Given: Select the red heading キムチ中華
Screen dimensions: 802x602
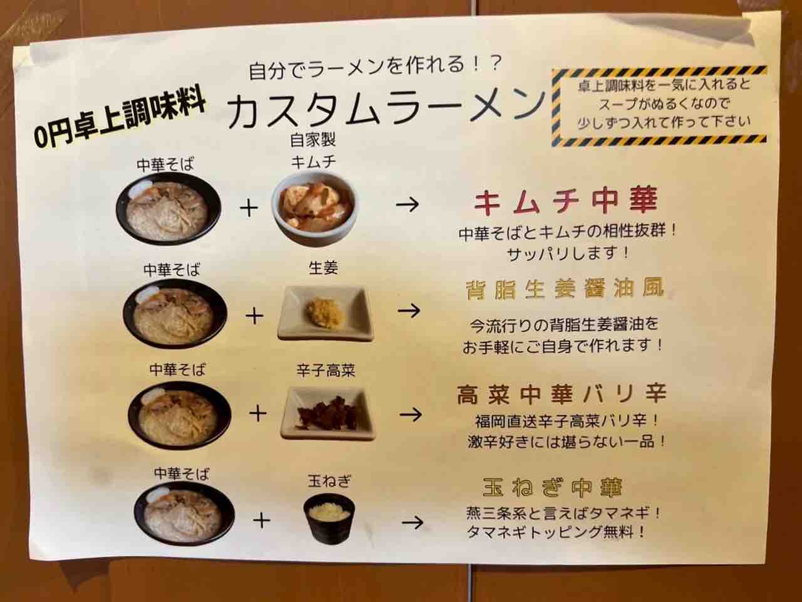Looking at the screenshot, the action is point(566,201).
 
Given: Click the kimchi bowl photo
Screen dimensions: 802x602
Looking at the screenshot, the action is point(314,208).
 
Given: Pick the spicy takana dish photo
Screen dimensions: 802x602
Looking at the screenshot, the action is point(327,414).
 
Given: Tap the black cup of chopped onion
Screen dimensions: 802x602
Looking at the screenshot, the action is point(329,519).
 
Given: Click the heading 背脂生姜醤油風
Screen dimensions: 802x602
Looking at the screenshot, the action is point(565,289).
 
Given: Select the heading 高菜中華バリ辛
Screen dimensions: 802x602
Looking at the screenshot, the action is point(561,394).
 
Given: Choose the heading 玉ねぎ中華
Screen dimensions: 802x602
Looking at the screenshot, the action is point(552,488).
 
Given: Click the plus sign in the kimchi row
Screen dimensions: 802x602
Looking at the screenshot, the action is point(249,209).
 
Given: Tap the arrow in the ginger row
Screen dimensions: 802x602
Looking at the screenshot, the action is point(409,311).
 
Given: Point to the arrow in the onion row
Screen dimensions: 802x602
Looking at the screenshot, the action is point(413,522).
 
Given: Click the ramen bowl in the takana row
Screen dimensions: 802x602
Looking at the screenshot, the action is point(179,415).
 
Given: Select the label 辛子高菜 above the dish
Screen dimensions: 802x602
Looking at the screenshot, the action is point(326,371).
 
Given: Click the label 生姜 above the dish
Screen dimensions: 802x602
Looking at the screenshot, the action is point(323,268).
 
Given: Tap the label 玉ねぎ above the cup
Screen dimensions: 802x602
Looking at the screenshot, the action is point(330,482).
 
